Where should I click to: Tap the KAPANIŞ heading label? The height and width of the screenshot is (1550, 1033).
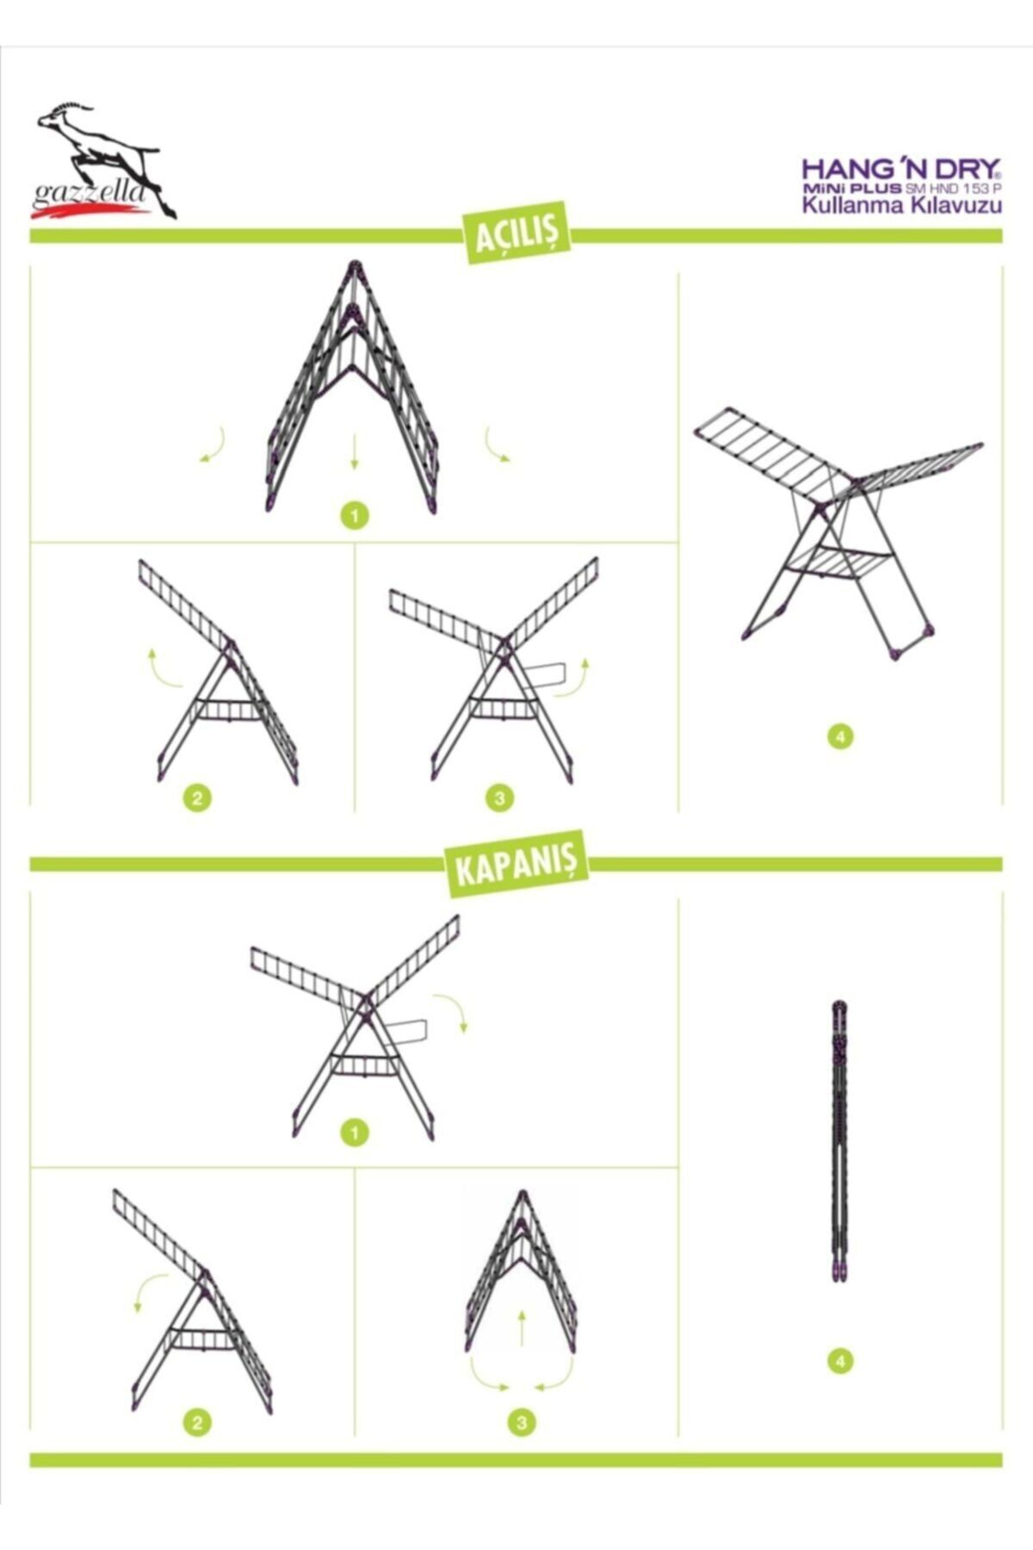tap(516, 864)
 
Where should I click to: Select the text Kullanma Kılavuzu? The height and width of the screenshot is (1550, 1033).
tap(901, 206)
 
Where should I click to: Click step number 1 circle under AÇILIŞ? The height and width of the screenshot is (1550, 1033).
tap(354, 516)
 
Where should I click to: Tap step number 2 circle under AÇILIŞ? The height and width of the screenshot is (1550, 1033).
tap(196, 797)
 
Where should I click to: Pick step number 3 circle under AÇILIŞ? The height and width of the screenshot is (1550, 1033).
tap(500, 797)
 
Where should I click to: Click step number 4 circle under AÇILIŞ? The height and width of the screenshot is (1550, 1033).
tap(840, 737)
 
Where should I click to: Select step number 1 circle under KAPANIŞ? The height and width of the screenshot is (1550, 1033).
tap(354, 1132)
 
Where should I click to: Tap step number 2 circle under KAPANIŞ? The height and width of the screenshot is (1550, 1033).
tap(196, 1423)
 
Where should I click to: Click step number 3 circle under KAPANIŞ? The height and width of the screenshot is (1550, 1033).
tap(521, 1423)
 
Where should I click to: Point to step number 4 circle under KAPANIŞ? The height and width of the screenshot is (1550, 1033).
tap(840, 1361)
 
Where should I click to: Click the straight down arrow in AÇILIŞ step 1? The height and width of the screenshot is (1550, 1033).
tap(354, 451)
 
